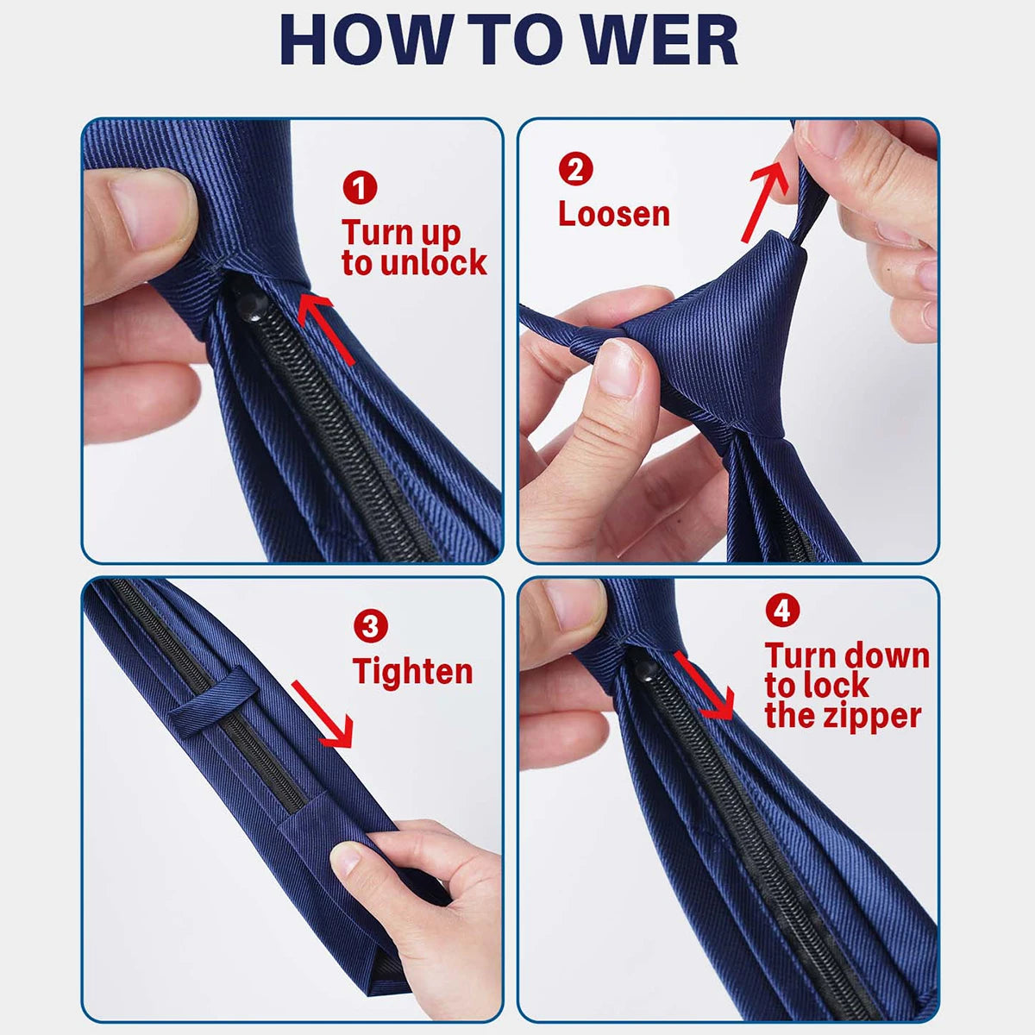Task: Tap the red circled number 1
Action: click(360, 187)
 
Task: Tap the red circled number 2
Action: click(575, 168)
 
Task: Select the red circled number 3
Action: click(371, 626)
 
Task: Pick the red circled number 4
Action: click(782, 611)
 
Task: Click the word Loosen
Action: click(613, 214)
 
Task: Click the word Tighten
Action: click(413, 671)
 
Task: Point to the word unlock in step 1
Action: click(433, 263)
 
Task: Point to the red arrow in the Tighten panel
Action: click(323, 712)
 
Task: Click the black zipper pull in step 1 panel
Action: click(252, 305)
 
